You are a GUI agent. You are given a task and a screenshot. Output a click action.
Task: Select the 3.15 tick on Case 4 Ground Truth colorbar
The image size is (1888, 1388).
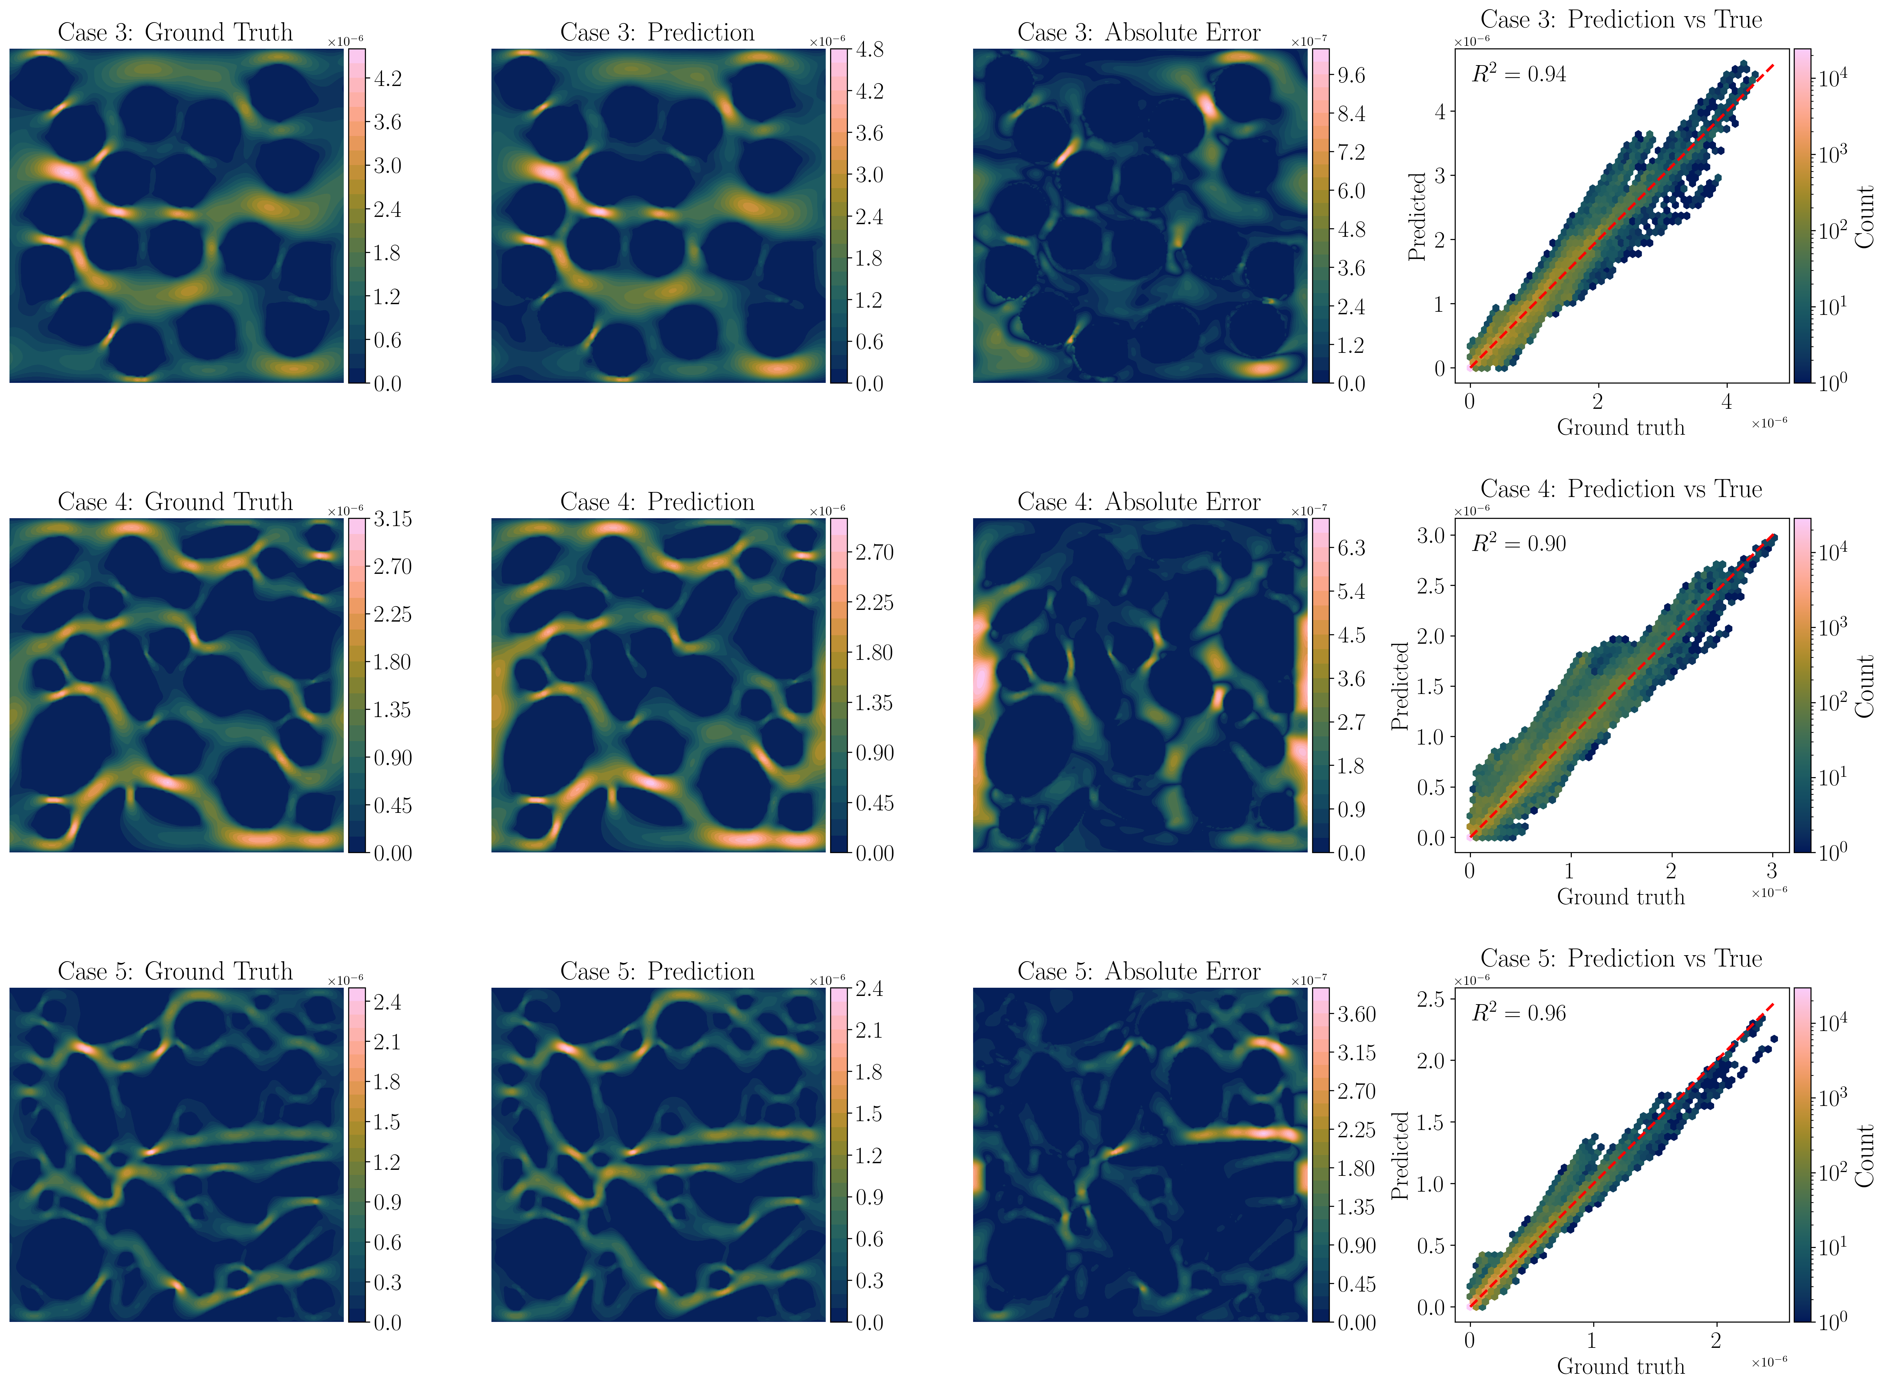click(392, 519)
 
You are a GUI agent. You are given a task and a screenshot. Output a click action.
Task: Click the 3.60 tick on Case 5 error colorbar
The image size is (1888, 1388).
click(1357, 1014)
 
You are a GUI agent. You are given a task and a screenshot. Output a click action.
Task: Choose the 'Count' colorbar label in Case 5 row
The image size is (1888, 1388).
click(1865, 1156)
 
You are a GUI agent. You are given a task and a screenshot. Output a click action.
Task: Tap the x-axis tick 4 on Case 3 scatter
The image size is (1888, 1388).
click(1727, 402)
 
